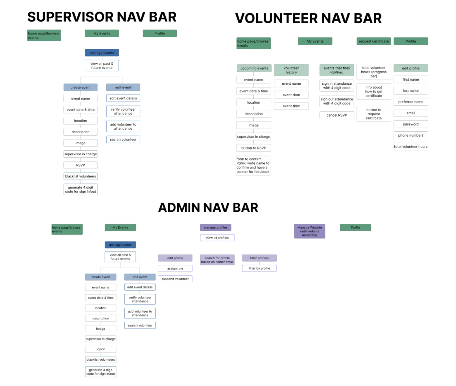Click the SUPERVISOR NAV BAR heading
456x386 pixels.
(102, 17)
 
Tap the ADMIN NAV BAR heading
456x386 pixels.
(208, 208)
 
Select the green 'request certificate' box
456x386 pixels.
(374, 41)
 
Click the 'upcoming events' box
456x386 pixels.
(254, 68)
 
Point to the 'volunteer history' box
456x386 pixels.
(291, 70)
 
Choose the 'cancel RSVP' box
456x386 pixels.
(337, 115)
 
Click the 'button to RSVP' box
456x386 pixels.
(253, 148)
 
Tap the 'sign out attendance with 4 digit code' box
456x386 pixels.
(337, 101)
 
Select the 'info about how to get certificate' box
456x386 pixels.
(374, 91)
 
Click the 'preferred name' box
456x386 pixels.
(410, 102)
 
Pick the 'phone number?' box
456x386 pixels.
(410, 135)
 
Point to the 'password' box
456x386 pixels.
(410, 124)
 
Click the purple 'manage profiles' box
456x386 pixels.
(215, 227)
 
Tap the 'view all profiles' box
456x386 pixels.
(217, 238)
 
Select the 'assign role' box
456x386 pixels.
(175, 269)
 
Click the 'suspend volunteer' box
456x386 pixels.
(175, 279)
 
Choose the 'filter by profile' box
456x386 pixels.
(259, 268)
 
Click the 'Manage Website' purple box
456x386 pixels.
(309, 231)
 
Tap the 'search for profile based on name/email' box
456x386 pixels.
(217, 260)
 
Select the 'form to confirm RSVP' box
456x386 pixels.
(253, 165)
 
